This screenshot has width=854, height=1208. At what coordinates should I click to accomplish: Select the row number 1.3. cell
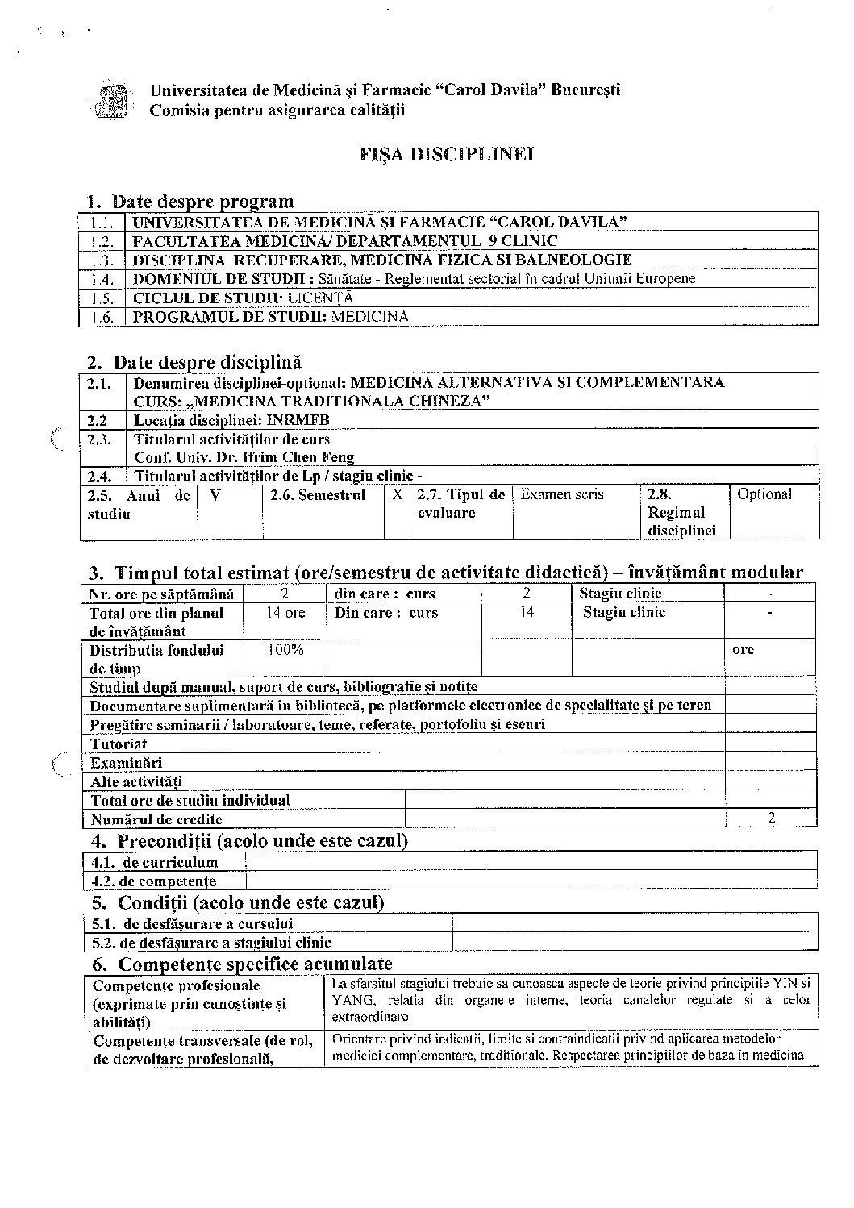click(x=102, y=260)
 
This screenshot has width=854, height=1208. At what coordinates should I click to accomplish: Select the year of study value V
click(x=215, y=494)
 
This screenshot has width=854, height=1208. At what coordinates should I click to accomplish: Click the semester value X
click(x=397, y=494)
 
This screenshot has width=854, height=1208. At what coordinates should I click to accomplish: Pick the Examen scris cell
click(x=562, y=494)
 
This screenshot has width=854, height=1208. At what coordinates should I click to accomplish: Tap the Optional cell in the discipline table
click(x=764, y=494)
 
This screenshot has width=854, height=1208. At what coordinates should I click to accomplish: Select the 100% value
click(x=285, y=649)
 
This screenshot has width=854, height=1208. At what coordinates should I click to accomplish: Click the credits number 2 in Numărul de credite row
click(x=772, y=819)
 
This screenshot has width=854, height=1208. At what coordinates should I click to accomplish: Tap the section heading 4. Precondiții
click(x=248, y=841)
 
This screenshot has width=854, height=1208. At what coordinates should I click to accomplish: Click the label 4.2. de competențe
click(x=154, y=881)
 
